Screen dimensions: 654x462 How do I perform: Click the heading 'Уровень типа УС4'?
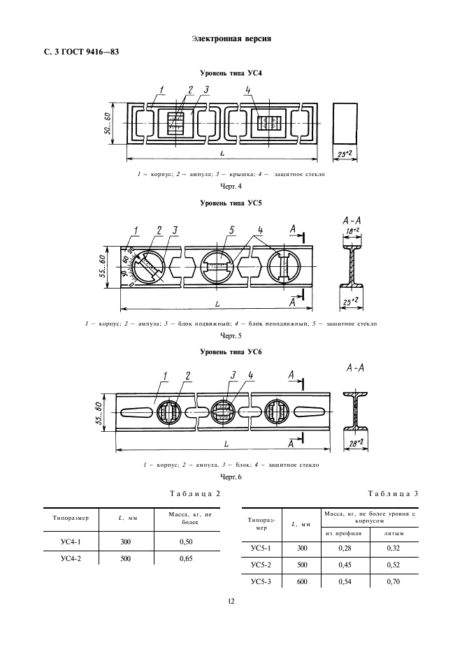tap(231, 73)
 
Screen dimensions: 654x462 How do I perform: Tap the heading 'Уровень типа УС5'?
tap(231, 203)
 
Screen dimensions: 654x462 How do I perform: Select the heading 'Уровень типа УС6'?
tap(231, 351)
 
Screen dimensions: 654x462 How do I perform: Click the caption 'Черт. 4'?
tap(231, 187)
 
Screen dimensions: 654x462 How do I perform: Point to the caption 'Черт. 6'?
tap(231, 477)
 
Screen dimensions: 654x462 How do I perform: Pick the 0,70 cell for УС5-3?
tap(393, 581)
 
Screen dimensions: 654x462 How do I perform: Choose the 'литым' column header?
tap(393, 534)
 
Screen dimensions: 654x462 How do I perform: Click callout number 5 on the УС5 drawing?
tap(231, 230)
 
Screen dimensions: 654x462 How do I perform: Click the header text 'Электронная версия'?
tap(231, 38)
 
